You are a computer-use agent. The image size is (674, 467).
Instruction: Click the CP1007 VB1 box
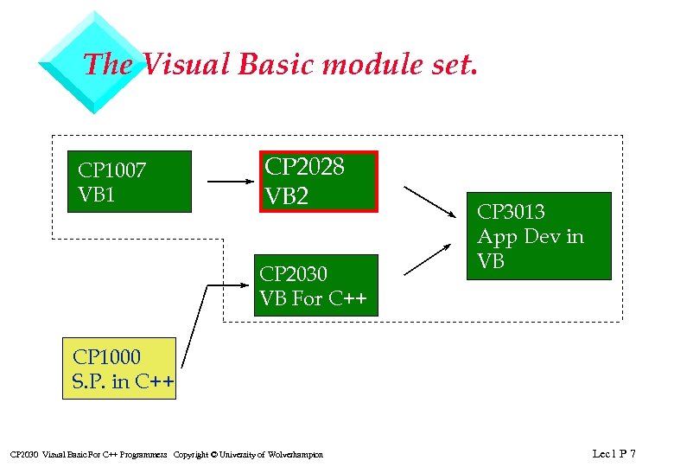[x=130, y=182]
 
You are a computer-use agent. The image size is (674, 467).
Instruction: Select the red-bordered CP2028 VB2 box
[x=319, y=182]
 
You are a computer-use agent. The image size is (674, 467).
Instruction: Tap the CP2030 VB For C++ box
[x=315, y=285]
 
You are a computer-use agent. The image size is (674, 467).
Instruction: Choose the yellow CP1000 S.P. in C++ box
[x=118, y=368]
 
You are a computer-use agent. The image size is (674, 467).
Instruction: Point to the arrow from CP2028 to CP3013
[x=429, y=202]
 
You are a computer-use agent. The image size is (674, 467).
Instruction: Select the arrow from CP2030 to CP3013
[x=429, y=259]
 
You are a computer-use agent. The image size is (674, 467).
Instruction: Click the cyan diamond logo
[x=95, y=62]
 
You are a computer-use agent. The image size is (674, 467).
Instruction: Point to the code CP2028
[x=304, y=167]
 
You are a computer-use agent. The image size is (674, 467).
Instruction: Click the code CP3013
[x=512, y=212]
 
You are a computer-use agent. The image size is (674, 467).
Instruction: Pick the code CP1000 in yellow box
[x=107, y=356]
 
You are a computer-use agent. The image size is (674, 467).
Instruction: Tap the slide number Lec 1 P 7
[x=614, y=453]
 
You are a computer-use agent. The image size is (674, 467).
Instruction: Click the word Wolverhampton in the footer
[x=296, y=455]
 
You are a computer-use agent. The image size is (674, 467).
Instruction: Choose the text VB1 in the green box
[x=97, y=195]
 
